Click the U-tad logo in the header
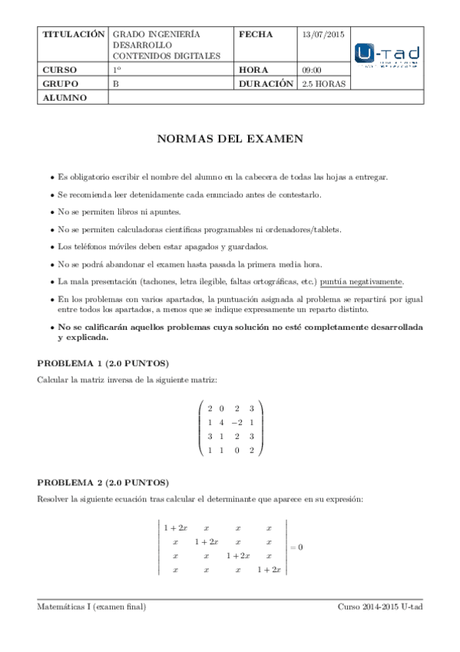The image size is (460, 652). [x=386, y=55]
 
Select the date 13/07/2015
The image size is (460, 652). [x=323, y=35]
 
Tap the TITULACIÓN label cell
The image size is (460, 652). [x=73, y=35]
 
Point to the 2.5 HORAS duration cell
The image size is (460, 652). [x=324, y=84]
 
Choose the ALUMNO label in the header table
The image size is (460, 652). [x=65, y=98]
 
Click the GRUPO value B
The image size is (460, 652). [x=116, y=84]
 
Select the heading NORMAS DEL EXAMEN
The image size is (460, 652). [x=230, y=140]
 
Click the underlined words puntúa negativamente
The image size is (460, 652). [x=362, y=281]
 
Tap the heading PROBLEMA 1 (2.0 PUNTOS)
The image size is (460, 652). [x=103, y=363]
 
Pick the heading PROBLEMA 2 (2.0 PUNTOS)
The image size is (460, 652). [x=103, y=483]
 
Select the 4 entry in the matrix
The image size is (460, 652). [x=221, y=422]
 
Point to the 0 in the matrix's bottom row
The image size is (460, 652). [x=237, y=451]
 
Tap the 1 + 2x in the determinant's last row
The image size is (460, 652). [x=270, y=570]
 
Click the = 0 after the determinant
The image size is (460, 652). [x=296, y=547]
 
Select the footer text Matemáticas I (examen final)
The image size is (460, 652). [x=91, y=607]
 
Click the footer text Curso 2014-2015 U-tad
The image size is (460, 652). [x=380, y=607]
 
